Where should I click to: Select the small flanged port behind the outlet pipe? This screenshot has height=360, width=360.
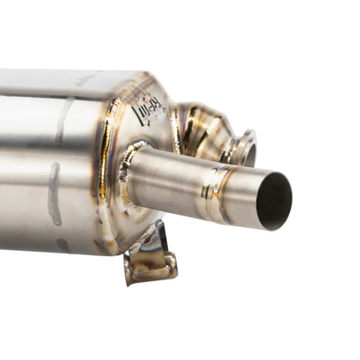point(243,147)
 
